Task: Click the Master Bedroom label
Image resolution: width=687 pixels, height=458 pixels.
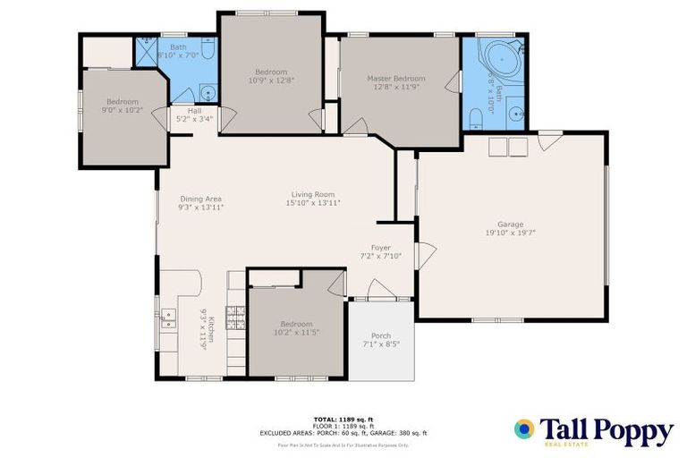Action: click(x=396, y=79)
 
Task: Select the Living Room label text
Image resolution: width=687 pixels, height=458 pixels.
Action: click(x=312, y=194)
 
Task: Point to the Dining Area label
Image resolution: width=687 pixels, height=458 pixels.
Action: click(x=200, y=199)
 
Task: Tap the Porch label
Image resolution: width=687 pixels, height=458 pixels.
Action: click(x=380, y=335)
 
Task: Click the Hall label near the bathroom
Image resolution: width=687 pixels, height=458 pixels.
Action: click(x=194, y=111)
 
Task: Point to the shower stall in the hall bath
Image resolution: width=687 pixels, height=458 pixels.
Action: click(x=146, y=53)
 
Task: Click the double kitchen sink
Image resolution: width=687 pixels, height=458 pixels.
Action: click(x=168, y=317)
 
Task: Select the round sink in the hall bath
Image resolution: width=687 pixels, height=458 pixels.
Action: click(x=207, y=92)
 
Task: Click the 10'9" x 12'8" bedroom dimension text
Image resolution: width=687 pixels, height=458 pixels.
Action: click(x=271, y=81)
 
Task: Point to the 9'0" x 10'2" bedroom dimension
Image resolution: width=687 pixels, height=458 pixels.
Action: click(x=123, y=111)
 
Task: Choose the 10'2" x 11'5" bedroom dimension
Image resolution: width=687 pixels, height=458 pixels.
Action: click(x=295, y=333)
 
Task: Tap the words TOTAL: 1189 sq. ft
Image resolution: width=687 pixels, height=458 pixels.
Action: click(x=343, y=419)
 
